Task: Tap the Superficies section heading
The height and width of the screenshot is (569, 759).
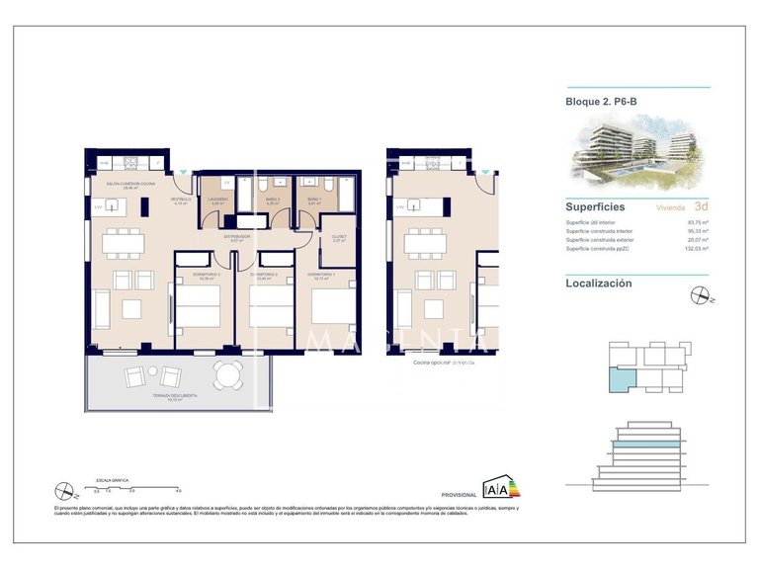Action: pyautogui.click(x=594, y=207)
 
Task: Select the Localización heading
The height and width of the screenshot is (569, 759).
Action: pyautogui.click(x=598, y=283)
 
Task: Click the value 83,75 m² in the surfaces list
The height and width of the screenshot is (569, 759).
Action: pyautogui.click(x=699, y=223)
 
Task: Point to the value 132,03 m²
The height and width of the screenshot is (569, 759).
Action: pyautogui.click(x=698, y=248)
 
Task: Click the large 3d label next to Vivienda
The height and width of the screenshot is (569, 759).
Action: pyautogui.click(x=701, y=207)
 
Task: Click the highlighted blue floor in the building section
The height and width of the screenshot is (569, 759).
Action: pyautogui.click(x=646, y=448)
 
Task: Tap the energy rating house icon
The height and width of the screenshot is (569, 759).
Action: pyautogui.click(x=494, y=487)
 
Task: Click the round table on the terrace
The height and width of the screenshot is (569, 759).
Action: pyautogui.click(x=228, y=374)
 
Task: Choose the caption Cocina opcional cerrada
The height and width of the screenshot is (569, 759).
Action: pyautogui.click(x=444, y=363)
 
